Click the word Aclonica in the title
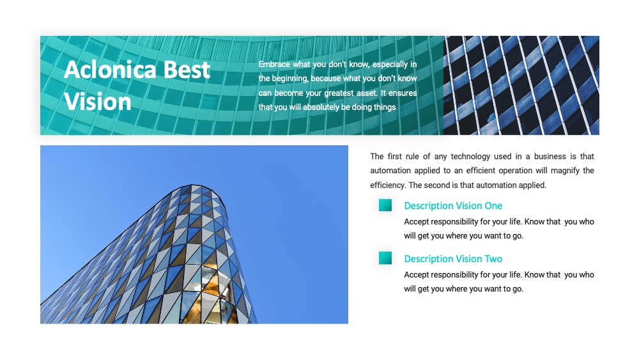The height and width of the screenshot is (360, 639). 110,69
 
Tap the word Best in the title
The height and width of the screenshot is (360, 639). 187,69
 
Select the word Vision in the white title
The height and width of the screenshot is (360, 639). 98,102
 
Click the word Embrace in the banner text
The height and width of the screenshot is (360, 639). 274,64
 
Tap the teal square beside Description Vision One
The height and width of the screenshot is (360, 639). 385,205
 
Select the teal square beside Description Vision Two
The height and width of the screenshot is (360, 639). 385,258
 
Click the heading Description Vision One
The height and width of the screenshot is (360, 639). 453,206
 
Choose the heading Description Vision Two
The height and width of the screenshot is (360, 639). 453,259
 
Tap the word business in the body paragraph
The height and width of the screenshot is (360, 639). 550,157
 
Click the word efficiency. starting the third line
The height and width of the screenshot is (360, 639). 388,185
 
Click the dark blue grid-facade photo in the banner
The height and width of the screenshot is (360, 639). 521,85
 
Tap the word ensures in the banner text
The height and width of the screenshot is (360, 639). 403,93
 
